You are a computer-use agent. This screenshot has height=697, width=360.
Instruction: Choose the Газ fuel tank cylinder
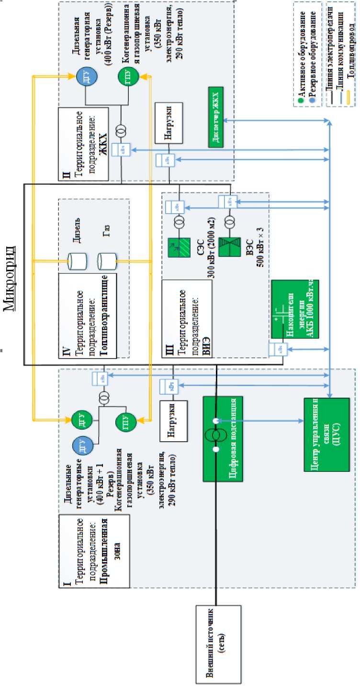pyautogui.click(x=106, y=261)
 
